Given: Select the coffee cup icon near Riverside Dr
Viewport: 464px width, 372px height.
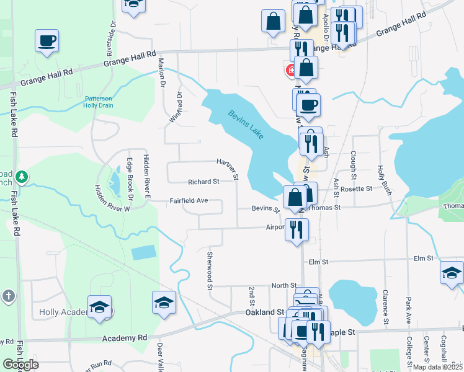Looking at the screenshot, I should coord(46,42).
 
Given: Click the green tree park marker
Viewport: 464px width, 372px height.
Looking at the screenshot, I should coord(22,178).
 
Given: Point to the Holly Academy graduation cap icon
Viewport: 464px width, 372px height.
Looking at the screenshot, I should coord(99,307).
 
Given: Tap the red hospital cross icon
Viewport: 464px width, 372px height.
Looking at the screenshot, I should coord(290,71).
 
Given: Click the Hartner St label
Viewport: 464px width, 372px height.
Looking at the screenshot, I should coord(228,168).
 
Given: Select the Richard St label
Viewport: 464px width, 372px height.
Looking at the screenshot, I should coord(203,182).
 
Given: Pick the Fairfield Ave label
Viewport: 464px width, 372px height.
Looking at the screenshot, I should coord(189,201).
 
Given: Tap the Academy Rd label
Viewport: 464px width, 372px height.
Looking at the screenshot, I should coord(126,338).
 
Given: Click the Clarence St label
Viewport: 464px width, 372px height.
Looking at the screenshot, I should coord(385,307).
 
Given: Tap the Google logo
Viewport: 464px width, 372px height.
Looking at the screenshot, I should coord(20,364).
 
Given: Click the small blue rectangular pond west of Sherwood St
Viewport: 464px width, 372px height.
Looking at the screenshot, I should coord(144,252).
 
